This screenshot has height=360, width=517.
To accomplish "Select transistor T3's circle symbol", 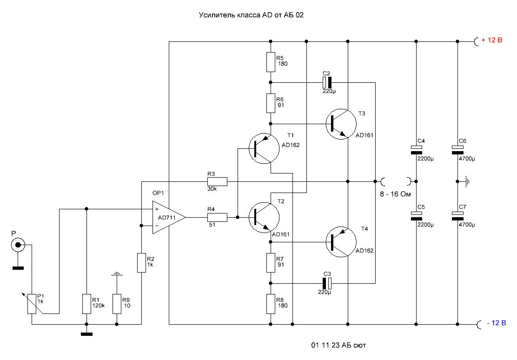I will pos(341,124).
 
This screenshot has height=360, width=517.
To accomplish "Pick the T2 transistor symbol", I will pos(264,217).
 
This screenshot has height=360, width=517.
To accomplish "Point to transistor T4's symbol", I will pos(341,241).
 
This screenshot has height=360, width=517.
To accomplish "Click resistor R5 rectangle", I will pos(271,62).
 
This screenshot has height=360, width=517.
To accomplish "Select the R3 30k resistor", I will pos(218,181).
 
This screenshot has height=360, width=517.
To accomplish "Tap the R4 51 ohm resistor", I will pos(218,217).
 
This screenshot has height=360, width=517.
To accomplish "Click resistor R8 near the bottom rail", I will pos(271,304).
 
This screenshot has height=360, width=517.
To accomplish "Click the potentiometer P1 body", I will pos(32,303).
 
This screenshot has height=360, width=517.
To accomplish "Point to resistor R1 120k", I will pos(86,303).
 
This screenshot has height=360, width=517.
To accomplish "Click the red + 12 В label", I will pos(492,40).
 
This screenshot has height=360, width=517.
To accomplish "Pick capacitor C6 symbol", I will pos(458,150).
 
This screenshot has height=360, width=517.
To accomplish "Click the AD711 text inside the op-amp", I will pos(166,217).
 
